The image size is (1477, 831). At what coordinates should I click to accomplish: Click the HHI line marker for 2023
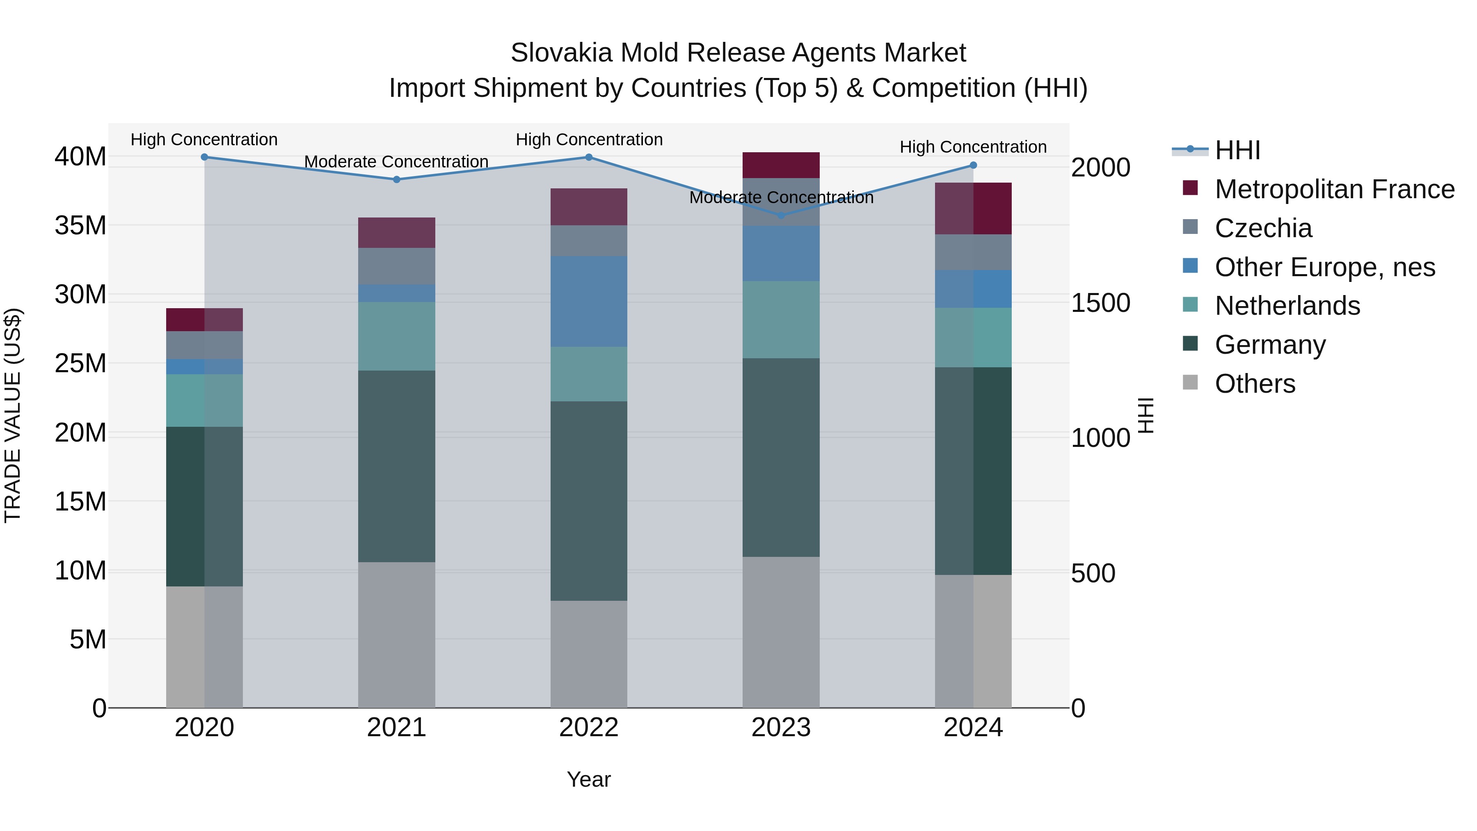(780, 215)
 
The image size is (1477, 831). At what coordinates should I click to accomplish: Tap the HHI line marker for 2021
(396, 179)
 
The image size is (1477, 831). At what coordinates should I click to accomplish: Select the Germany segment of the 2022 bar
(588, 501)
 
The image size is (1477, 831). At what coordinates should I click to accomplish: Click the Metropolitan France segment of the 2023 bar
(780, 165)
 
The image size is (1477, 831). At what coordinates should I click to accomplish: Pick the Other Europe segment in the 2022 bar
(588, 301)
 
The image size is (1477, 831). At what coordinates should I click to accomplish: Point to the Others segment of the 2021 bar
(396, 634)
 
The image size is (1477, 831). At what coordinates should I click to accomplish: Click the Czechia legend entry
(1263, 228)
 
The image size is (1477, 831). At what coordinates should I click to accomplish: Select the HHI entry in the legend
(1237, 150)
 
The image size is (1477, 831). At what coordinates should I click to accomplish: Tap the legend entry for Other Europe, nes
(1324, 267)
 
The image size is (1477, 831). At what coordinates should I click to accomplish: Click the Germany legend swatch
(1190, 343)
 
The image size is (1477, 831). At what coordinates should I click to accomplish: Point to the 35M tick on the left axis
(80, 225)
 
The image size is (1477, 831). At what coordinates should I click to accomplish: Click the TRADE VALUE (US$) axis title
(13, 415)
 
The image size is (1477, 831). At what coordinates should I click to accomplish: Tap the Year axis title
(588, 779)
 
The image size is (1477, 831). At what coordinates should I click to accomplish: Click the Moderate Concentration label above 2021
(396, 162)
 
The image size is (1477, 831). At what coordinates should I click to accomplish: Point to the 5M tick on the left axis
(88, 639)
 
